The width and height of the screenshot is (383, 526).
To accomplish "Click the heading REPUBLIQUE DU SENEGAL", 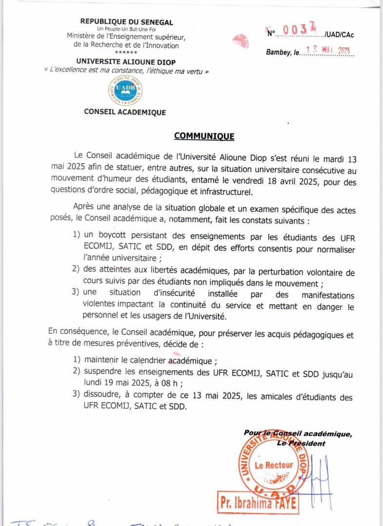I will point(126,22).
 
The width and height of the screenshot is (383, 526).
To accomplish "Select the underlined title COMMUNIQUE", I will point(204,136).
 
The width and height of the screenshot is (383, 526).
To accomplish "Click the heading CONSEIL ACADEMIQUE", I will point(125,113).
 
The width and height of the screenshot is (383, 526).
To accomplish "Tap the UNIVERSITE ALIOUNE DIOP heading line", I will point(126,62).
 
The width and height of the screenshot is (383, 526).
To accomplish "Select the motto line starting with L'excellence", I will point(126,71).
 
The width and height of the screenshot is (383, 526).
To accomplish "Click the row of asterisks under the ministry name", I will point(126,53).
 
